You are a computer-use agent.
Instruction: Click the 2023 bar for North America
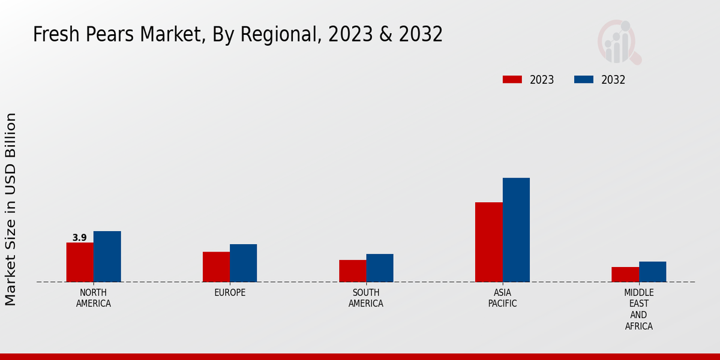(x=80, y=262)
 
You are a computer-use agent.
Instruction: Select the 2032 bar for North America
(x=107, y=256)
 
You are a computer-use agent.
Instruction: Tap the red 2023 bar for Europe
(x=216, y=266)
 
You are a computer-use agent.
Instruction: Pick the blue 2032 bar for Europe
(x=243, y=263)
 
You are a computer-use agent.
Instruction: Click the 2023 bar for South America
(x=352, y=271)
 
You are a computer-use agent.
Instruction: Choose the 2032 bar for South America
(x=380, y=268)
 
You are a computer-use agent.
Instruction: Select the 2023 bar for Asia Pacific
(x=488, y=242)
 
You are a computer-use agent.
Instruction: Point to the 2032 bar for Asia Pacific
(x=516, y=230)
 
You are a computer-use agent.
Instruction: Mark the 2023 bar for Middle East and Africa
(x=625, y=274)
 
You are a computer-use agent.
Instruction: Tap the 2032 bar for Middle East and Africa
(x=652, y=271)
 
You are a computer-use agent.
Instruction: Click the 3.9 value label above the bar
(x=80, y=238)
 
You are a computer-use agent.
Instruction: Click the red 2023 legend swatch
(x=512, y=80)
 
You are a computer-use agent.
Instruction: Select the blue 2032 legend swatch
(x=584, y=80)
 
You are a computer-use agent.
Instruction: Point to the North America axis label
(x=94, y=298)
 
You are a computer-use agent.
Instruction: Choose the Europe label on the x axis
(x=230, y=293)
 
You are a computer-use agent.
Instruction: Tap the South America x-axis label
(x=366, y=298)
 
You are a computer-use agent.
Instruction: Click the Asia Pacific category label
(x=502, y=298)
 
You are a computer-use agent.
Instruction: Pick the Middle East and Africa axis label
(x=638, y=310)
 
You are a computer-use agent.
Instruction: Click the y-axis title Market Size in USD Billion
(x=11, y=209)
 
